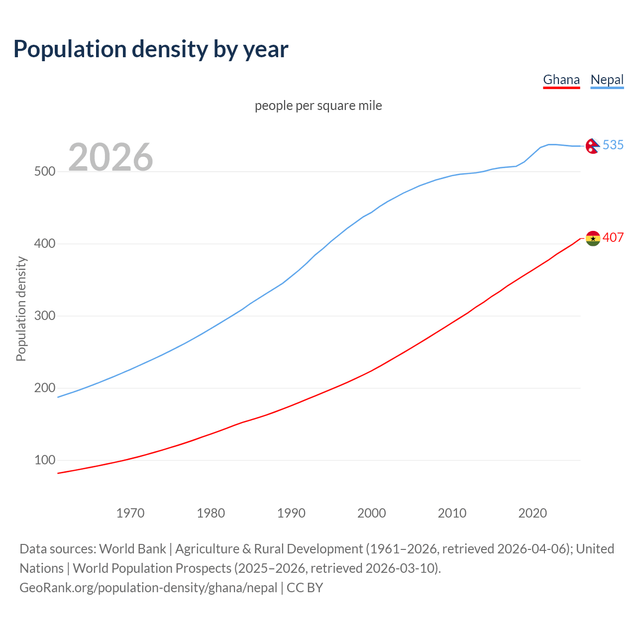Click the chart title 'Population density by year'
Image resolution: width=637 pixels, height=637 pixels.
(x=151, y=49)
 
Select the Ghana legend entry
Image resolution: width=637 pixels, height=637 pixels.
(x=561, y=80)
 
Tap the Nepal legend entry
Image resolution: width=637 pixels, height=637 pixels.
(x=607, y=80)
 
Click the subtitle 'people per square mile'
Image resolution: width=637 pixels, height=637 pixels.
(x=318, y=106)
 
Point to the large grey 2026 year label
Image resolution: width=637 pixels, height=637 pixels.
(x=110, y=157)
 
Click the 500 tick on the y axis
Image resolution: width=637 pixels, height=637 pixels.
(x=44, y=172)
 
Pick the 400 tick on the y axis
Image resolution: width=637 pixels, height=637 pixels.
(x=44, y=244)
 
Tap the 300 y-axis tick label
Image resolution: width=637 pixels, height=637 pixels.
(x=44, y=316)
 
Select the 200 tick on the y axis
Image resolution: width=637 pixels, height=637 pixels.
(x=44, y=388)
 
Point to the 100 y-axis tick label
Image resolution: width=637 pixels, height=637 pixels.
(x=44, y=460)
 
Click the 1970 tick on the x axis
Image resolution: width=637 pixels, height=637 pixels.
(x=130, y=513)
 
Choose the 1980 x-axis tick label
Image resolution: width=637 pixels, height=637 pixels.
(x=211, y=513)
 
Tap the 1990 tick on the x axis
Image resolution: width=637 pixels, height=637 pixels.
(x=291, y=513)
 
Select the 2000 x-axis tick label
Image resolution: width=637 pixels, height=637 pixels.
(x=372, y=513)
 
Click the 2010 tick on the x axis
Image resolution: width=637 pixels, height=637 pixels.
(x=452, y=513)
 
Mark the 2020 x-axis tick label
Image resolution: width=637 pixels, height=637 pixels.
(x=532, y=513)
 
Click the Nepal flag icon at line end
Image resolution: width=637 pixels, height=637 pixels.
(x=592, y=146)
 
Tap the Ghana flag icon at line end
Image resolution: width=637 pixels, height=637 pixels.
(x=593, y=238)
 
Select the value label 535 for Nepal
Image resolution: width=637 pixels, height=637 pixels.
(x=613, y=145)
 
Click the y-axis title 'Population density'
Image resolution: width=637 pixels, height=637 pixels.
(x=21, y=309)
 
